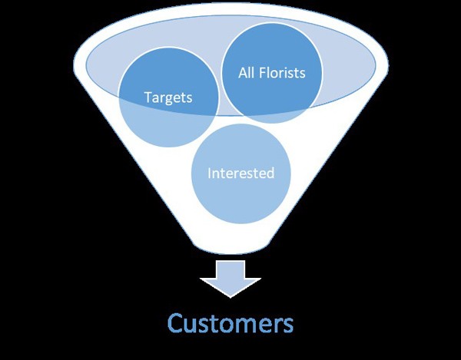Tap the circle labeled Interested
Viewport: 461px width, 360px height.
coord(240,173)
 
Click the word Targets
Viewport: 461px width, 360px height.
coord(168,98)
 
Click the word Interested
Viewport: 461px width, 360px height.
coord(240,173)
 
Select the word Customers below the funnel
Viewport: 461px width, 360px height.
coord(230,322)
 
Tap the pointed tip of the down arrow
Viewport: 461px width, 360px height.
coord(230,296)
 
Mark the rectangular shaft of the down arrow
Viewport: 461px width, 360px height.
coord(230,269)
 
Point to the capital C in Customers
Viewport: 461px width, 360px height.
coord(175,322)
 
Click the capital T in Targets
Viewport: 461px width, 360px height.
coord(147,98)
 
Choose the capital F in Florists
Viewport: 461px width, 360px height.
coord(264,73)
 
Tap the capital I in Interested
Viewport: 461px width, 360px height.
coord(209,173)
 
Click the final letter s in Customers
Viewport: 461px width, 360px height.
coord(288,324)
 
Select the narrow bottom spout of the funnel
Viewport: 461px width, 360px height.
coord(230,244)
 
